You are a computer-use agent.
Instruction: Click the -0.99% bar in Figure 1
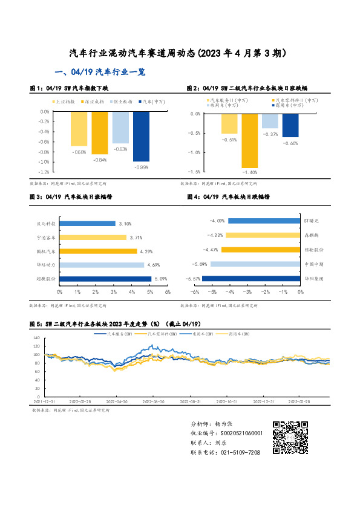[x=141, y=137]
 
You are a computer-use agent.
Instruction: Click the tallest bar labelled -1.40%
[x=250, y=140]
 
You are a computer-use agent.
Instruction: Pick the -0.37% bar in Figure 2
[x=270, y=120]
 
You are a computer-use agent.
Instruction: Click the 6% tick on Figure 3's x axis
[x=168, y=292]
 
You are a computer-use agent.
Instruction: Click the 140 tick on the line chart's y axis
[x=36, y=338]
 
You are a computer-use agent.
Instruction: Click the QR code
[x=288, y=438]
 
